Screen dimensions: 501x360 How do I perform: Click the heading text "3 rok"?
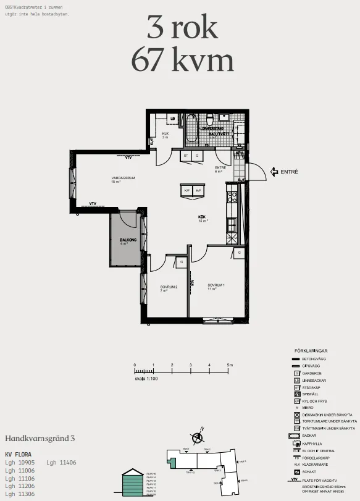tap(182, 28)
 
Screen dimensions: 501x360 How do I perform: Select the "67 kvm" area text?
tap(182, 61)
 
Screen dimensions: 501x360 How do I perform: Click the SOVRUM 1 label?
tap(216, 286)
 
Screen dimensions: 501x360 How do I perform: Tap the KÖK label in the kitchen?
tap(202, 217)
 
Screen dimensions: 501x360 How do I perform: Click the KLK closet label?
tap(165, 135)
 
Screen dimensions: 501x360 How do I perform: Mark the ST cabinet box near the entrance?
tap(185, 156)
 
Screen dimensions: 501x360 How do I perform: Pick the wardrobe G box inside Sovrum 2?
tap(181, 263)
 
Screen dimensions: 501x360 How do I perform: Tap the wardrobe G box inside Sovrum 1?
tap(239, 253)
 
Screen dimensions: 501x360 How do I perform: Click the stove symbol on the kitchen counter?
tap(233, 198)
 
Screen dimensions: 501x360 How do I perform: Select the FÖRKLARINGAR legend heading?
tap(316, 350)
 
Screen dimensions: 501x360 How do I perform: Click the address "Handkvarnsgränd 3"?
tap(40, 438)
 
